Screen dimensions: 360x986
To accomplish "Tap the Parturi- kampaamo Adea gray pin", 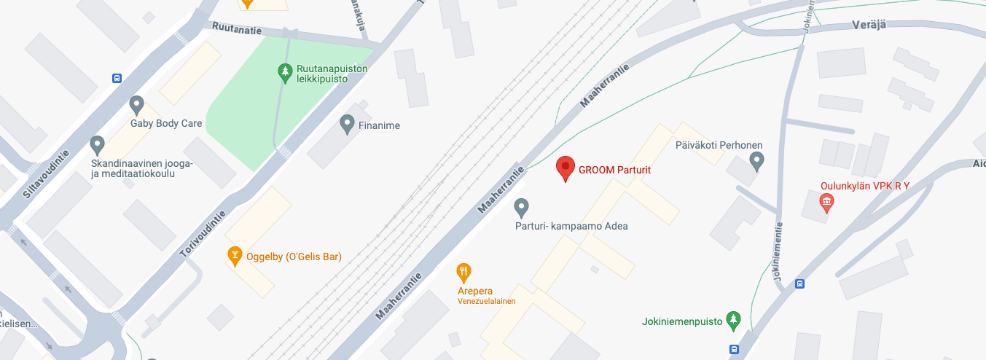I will (x=521, y=208).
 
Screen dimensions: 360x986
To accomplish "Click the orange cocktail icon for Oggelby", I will (x=235, y=255).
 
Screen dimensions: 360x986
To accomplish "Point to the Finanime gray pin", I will (x=348, y=124).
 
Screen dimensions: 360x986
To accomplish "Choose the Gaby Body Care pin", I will (x=136, y=105).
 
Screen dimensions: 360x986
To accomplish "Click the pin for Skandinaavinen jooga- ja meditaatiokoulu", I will (x=97, y=144).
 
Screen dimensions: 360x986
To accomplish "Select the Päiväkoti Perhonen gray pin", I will (x=757, y=160).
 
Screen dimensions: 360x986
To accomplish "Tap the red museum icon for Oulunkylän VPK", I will (x=826, y=201).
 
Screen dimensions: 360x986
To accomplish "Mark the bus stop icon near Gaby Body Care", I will (x=117, y=78).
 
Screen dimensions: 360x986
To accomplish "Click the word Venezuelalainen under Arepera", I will (x=487, y=301).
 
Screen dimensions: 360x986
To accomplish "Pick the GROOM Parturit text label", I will (x=614, y=170).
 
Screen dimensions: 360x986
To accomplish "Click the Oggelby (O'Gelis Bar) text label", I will (x=294, y=257).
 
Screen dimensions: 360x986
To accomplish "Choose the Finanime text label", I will (x=379, y=125).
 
